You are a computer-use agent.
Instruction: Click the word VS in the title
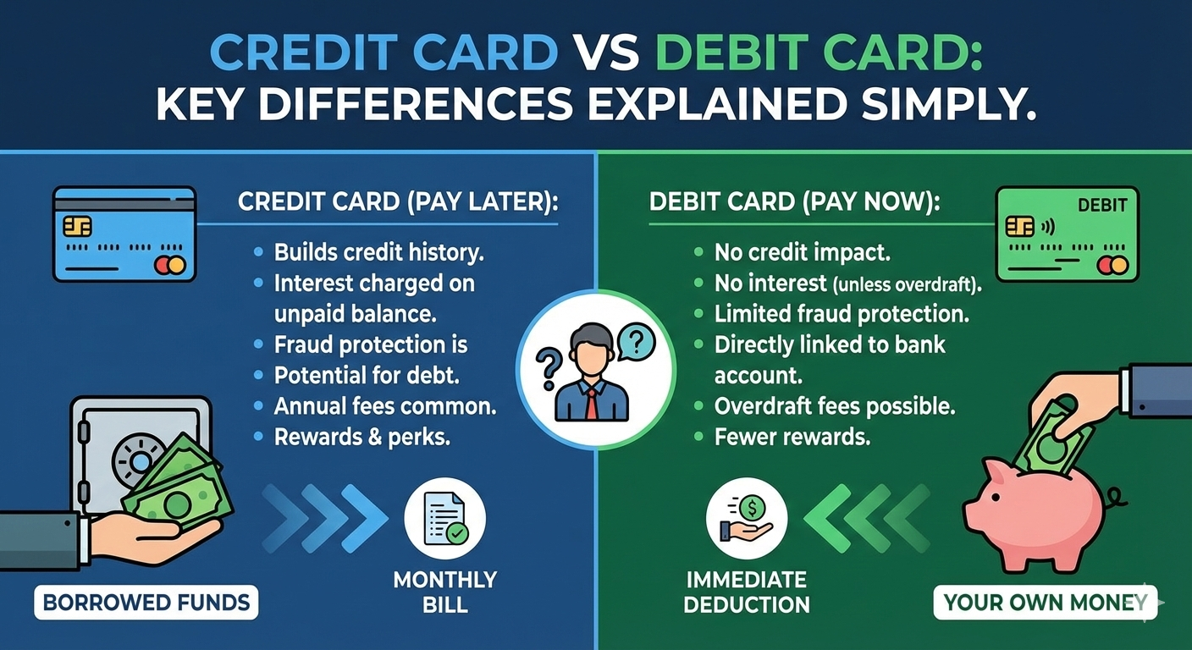pos(606,54)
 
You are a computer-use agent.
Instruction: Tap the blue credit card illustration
pos(124,234)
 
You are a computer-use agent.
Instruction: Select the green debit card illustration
pos(1067,234)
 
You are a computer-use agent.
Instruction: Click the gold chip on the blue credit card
pos(78,225)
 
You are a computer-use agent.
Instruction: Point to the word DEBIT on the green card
pos(1102,205)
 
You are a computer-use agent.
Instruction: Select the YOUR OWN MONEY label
pos(1046,603)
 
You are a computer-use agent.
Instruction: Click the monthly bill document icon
pos(444,517)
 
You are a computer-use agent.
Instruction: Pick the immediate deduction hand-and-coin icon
pos(746,517)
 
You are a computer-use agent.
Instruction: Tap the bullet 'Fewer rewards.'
pos(792,438)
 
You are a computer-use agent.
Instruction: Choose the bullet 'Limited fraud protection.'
pos(841,314)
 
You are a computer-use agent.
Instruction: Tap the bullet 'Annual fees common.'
pos(385,406)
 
